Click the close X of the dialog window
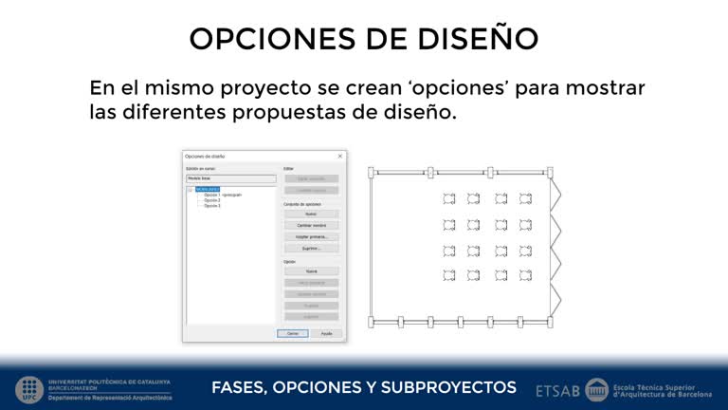[339, 156]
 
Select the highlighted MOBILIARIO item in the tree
[208, 189]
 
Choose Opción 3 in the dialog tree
[212, 206]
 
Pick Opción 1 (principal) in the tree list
[223, 195]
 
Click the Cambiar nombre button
[311, 225]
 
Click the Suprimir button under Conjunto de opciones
[311, 248]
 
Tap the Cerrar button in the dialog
[293, 333]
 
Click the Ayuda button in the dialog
[326, 333]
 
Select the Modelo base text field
[230, 177]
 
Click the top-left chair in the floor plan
[449, 198]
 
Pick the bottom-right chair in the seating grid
[525, 275]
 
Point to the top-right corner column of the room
[551, 173]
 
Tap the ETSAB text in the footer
[557, 389]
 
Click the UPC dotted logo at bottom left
[28, 389]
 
